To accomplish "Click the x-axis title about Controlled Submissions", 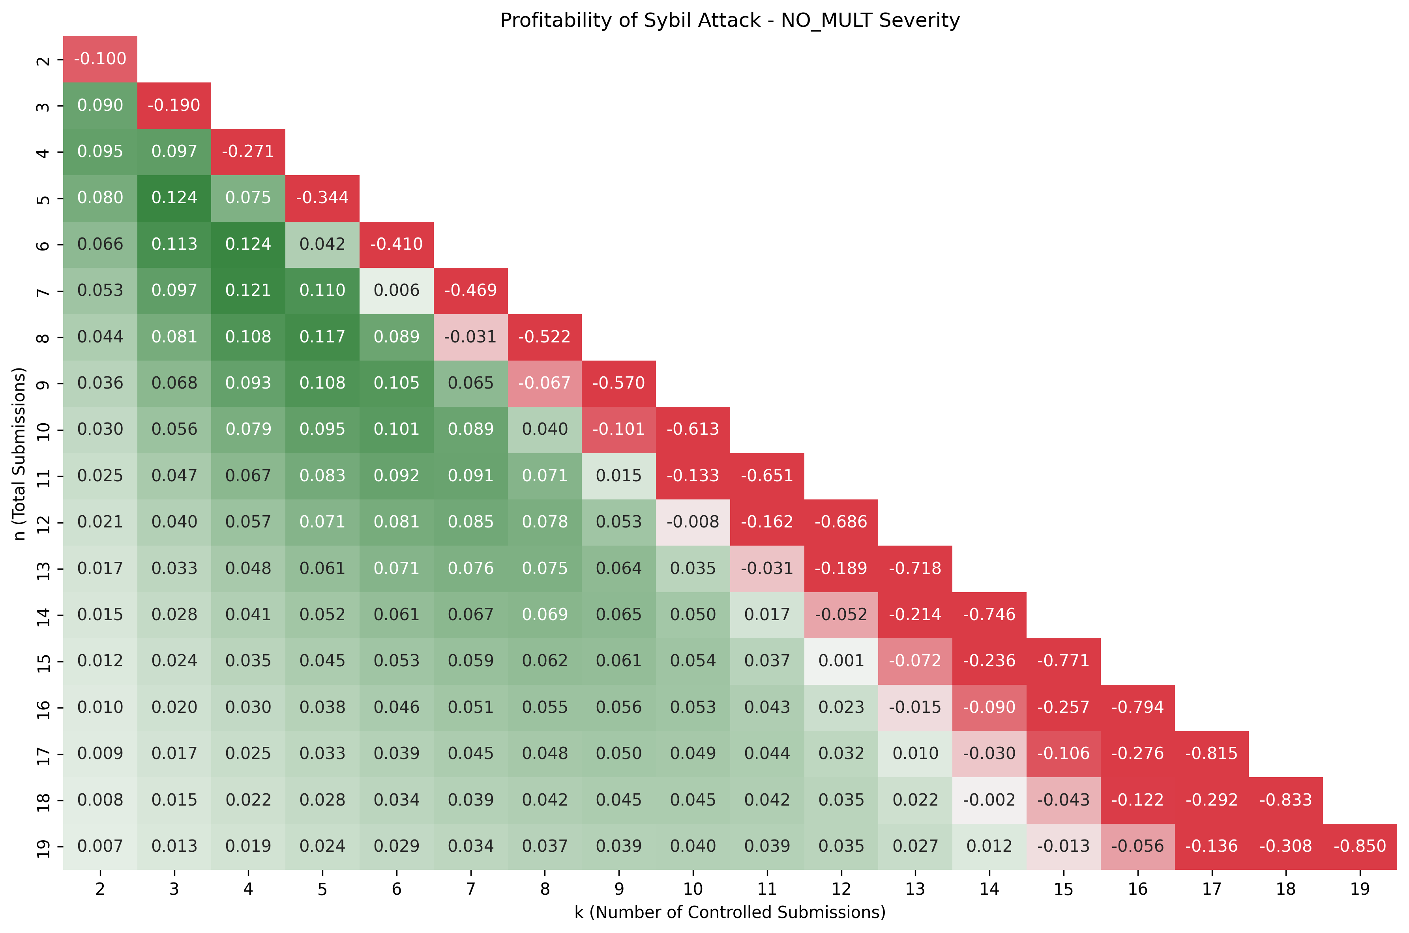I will click(x=729, y=912).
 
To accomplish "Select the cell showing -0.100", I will click(x=100, y=59).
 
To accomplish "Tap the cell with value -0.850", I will click(x=1360, y=846).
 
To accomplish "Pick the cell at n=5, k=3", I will click(x=174, y=198).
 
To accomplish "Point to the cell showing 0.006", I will click(x=396, y=290).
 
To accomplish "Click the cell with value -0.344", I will click(x=322, y=198).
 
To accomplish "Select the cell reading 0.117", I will click(x=322, y=337).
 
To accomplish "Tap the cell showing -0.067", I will click(x=545, y=383).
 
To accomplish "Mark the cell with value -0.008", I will click(x=693, y=522).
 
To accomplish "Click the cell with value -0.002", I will click(x=989, y=800).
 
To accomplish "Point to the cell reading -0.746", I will click(x=989, y=615).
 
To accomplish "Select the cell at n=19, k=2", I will click(x=100, y=846).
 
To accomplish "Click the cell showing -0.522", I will click(x=545, y=337).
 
